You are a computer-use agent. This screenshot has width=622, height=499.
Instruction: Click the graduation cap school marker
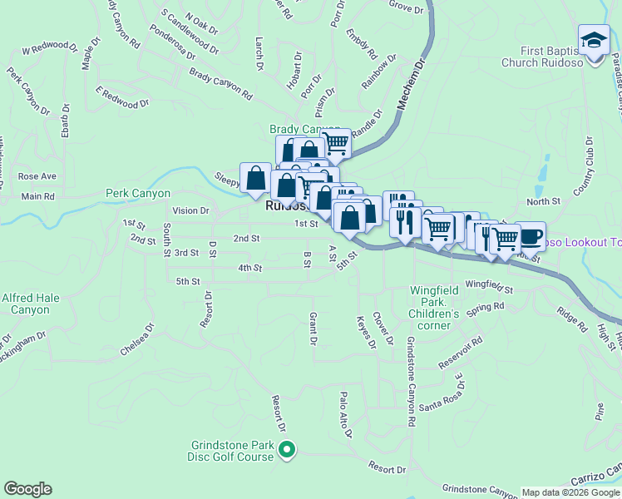pos(594,41)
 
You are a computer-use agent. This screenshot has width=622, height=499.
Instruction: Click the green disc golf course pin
pos(287,451)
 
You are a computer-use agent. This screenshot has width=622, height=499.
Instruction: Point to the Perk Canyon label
pos(138,193)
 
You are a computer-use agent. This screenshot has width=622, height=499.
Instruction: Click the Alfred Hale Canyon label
pos(32,303)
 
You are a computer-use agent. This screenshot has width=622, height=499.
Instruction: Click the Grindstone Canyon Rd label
pos(410,382)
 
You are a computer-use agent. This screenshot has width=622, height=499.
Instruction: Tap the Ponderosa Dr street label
pos(173,42)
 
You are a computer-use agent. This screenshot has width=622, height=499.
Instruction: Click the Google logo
pos(27,489)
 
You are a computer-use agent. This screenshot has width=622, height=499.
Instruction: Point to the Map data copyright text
pos(570,492)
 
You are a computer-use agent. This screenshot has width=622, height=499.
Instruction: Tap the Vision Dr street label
pos(190,210)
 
